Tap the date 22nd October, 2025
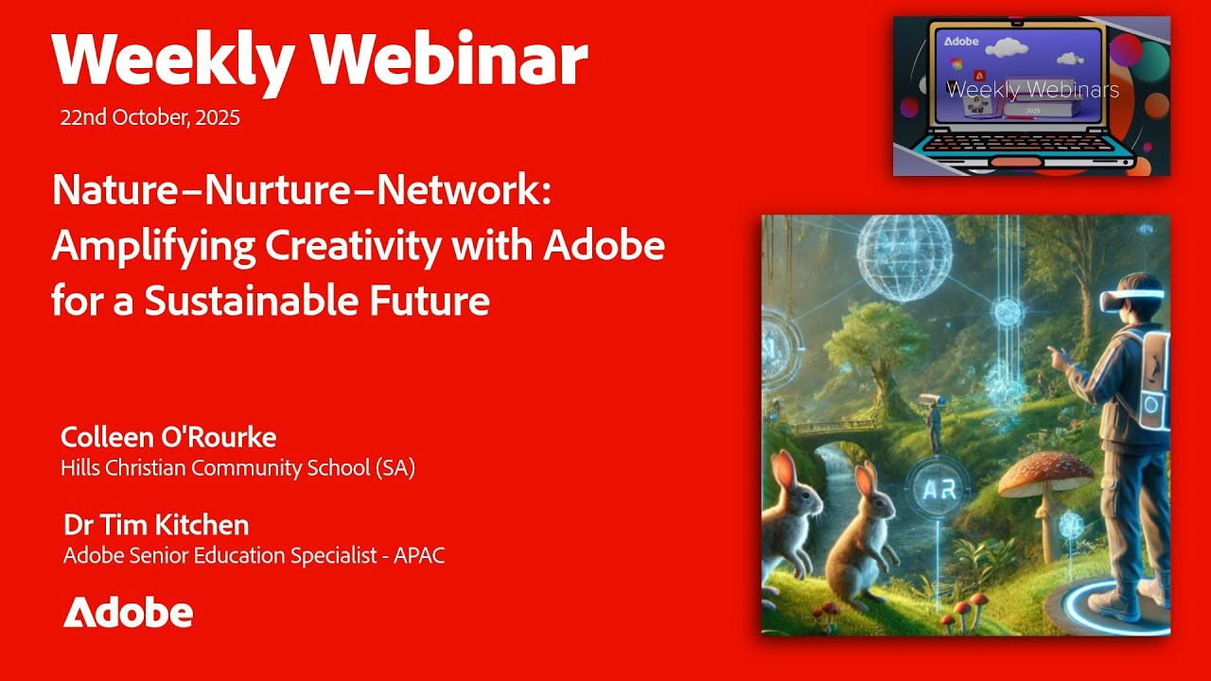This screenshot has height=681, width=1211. point(149,118)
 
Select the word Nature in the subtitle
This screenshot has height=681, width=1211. point(114,190)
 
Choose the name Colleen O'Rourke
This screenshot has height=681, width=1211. point(168,437)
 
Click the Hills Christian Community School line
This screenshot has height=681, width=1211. point(237,467)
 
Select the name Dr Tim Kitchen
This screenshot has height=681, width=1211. point(156,525)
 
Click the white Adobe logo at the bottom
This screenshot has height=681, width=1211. point(128,613)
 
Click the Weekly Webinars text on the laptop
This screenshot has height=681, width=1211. point(1032,90)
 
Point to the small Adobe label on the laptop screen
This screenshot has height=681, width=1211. point(961,43)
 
